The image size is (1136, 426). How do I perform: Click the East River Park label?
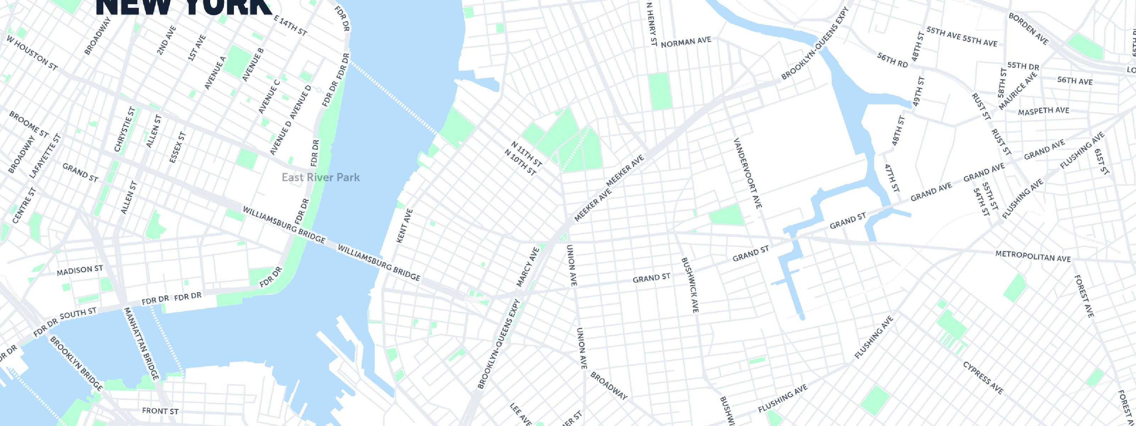[321, 177]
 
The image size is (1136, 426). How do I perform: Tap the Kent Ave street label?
[404, 225]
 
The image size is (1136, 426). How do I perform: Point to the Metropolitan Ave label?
[1033, 257]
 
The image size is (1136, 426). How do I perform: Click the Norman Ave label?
[686, 42]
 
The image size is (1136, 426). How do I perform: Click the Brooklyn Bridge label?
[76, 364]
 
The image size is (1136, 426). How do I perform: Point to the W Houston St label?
[32, 52]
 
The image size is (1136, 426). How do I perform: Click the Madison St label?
[80, 270]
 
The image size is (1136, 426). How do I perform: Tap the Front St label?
[160, 411]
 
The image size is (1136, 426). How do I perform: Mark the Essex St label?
[178, 147]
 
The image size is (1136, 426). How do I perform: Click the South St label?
[78, 313]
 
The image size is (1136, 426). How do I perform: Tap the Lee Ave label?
[520, 414]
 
